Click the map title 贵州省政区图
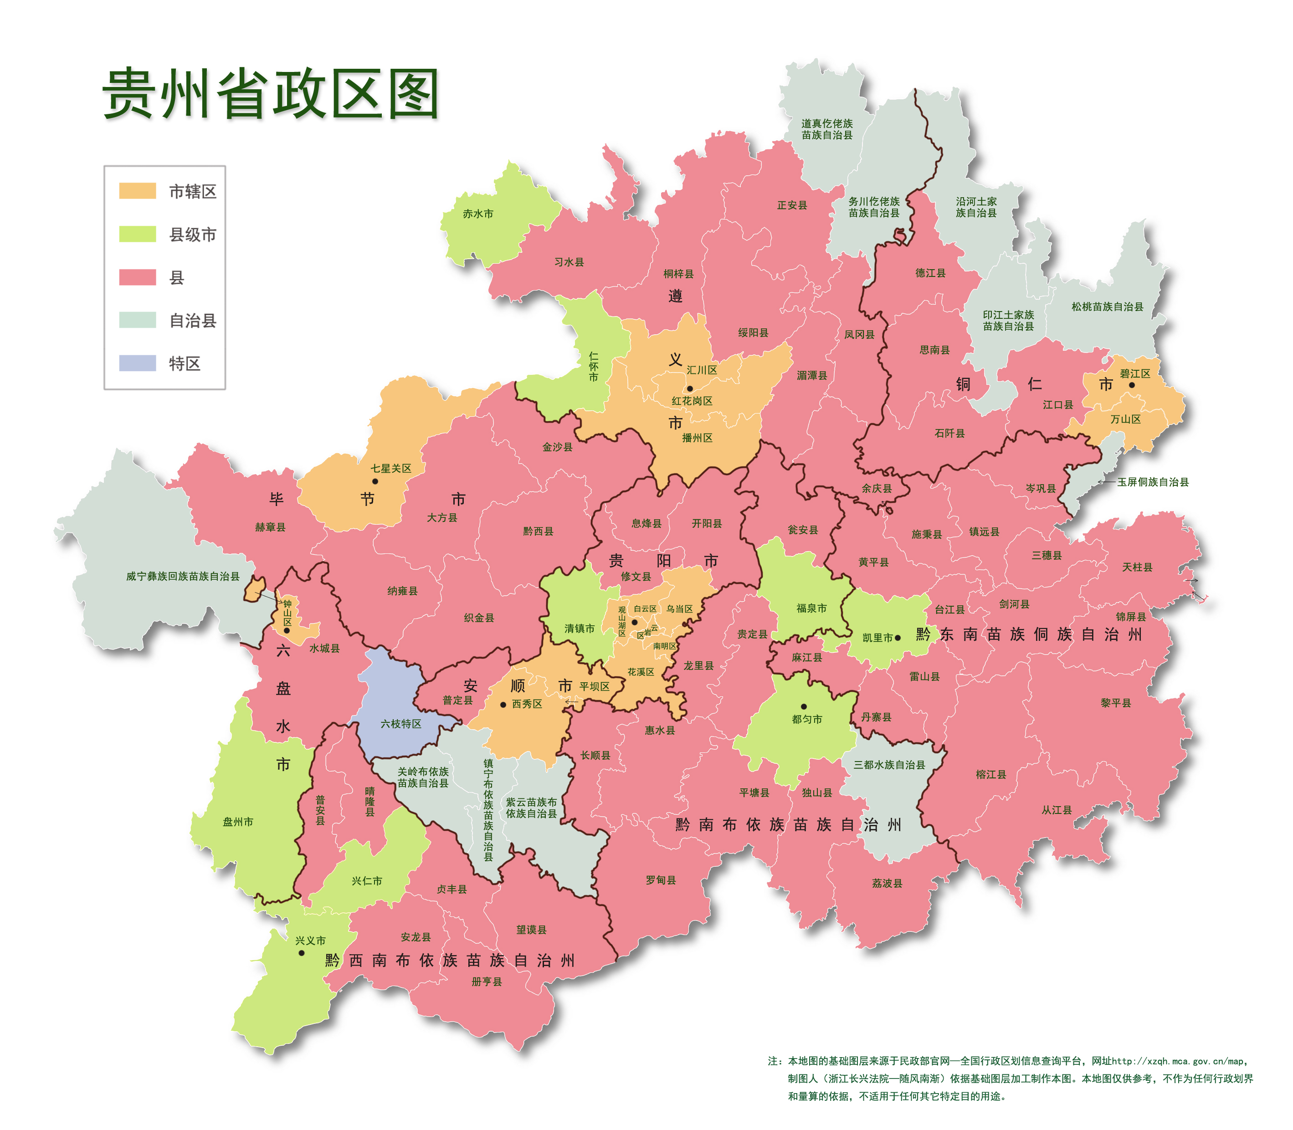click(x=271, y=95)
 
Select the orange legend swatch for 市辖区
click(x=138, y=191)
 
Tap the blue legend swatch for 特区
click(x=138, y=363)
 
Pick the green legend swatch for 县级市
click(x=138, y=234)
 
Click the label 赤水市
click(x=477, y=214)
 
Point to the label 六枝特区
click(x=400, y=724)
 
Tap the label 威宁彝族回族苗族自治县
click(x=183, y=576)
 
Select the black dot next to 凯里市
click(x=898, y=638)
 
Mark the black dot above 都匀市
click(x=804, y=706)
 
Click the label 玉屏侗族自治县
click(x=1153, y=482)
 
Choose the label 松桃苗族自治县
click(x=1107, y=307)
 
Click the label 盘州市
click(x=238, y=822)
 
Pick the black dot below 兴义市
click(x=302, y=953)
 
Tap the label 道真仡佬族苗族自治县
click(x=827, y=129)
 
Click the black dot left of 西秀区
click(x=503, y=704)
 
